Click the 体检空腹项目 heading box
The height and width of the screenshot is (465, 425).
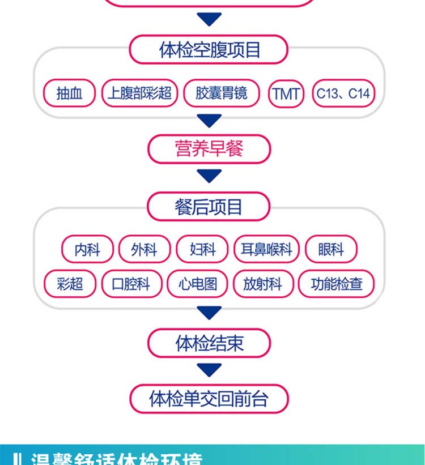[209, 50]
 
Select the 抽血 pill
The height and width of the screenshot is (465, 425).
[69, 93]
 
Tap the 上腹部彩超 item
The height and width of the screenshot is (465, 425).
[139, 93]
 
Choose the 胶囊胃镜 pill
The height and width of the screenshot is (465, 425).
[222, 93]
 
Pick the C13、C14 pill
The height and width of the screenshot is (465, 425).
[343, 93]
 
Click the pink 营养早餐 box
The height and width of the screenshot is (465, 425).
[209, 149]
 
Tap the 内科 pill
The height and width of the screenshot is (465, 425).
[87, 249]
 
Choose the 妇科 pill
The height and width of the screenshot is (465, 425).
[202, 249]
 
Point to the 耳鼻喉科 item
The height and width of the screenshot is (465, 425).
[266, 249]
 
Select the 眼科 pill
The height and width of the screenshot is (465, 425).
[331, 249]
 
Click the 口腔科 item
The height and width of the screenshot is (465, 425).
[131, 284]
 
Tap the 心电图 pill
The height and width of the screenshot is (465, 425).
[197, 284]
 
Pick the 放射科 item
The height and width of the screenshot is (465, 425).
[263, 284]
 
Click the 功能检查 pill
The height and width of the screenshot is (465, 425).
[337, 284]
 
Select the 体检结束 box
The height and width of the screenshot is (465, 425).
[209, 343]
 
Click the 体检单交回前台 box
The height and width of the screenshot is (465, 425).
[209, 399]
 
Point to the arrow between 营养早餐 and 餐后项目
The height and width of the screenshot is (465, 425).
[209, 176]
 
